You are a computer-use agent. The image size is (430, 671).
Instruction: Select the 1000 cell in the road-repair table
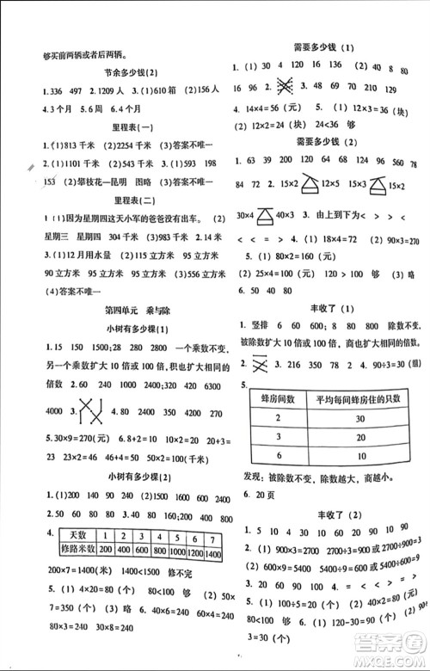pyautogui.click(x=177, y=549)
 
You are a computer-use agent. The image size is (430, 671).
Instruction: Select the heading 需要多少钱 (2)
pyautogui.click(x=330, y=140)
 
